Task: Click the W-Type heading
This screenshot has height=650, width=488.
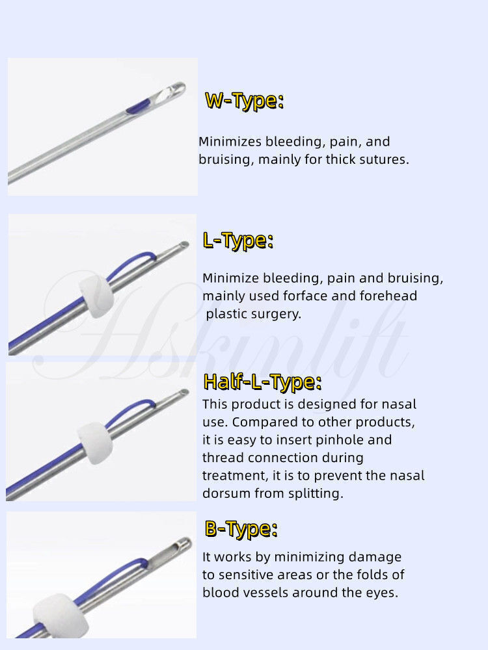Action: [x=244, y=101]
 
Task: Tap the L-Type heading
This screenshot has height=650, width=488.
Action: [x=237, y=240]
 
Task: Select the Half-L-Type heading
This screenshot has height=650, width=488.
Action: [x=262, y=382]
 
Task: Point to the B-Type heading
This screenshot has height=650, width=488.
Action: [x=241, y=528]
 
